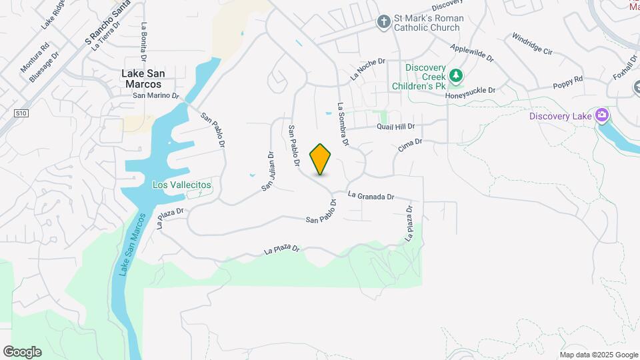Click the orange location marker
(x=321, y=159)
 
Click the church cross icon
(x=383, y=23)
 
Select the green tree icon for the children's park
(x=456, y=77)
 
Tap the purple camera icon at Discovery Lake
(x=602, y=115)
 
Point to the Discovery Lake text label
(x=560, y=117)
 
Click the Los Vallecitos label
(x=182, y=185)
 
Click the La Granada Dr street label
(x=371, y=196)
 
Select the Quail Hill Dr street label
(x=396, y=126)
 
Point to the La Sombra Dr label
(x=343, y=124)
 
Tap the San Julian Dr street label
(x=268, y=171)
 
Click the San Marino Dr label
(x=157, y=95)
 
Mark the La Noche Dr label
(x=368, y=69)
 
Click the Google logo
(x=22, y=352)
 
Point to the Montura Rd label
(x=35, y=59)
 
